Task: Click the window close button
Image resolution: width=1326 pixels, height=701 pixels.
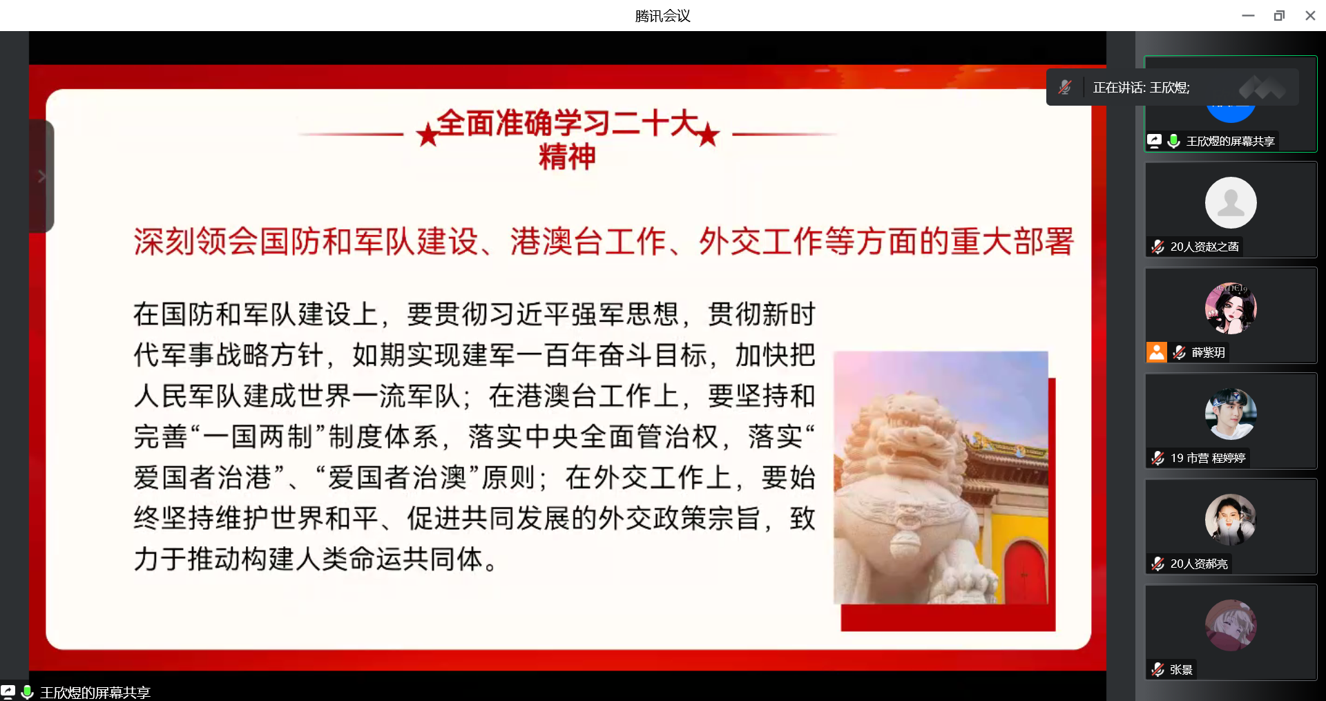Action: click(x=1310, y=15)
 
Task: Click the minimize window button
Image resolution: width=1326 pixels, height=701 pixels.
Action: click(x=1248, y=15)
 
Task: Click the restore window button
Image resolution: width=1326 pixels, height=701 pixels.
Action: click(x=1279, y=15)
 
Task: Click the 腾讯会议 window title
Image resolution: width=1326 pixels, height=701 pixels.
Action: click(x=662, y=15)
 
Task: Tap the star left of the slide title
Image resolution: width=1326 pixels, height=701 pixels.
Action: click(x=428, y=134)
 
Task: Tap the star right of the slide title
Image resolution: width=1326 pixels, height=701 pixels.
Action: click(x=708, y=134)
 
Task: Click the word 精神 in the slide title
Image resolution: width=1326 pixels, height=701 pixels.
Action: click(x=567, y=157)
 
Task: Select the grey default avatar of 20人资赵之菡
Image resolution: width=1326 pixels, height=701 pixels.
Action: click(x=1231, y=202)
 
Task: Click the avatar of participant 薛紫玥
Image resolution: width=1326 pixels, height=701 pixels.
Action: click(x=1231, y=308)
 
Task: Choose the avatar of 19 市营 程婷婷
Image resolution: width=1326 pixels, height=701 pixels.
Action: click(x=1231, y=414)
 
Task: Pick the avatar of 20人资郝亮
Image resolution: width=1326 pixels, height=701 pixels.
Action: click(x=1231, y=519)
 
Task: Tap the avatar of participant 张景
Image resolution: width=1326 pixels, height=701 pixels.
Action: click(x=1231, y=625)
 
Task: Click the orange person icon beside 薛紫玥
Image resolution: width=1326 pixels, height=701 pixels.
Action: click(x=1157, y=352)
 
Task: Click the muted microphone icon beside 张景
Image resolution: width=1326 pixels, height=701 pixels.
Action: click(x=1158, y=669)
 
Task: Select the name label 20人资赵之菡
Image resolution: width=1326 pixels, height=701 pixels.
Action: click(x=1204, y=247)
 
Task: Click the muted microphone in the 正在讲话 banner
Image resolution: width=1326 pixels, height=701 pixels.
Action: click(x=1065, y=87)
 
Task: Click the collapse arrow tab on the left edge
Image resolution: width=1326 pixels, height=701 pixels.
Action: click(x=41, y=176)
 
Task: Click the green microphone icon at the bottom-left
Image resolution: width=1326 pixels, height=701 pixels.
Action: click(x=27, y=692)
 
